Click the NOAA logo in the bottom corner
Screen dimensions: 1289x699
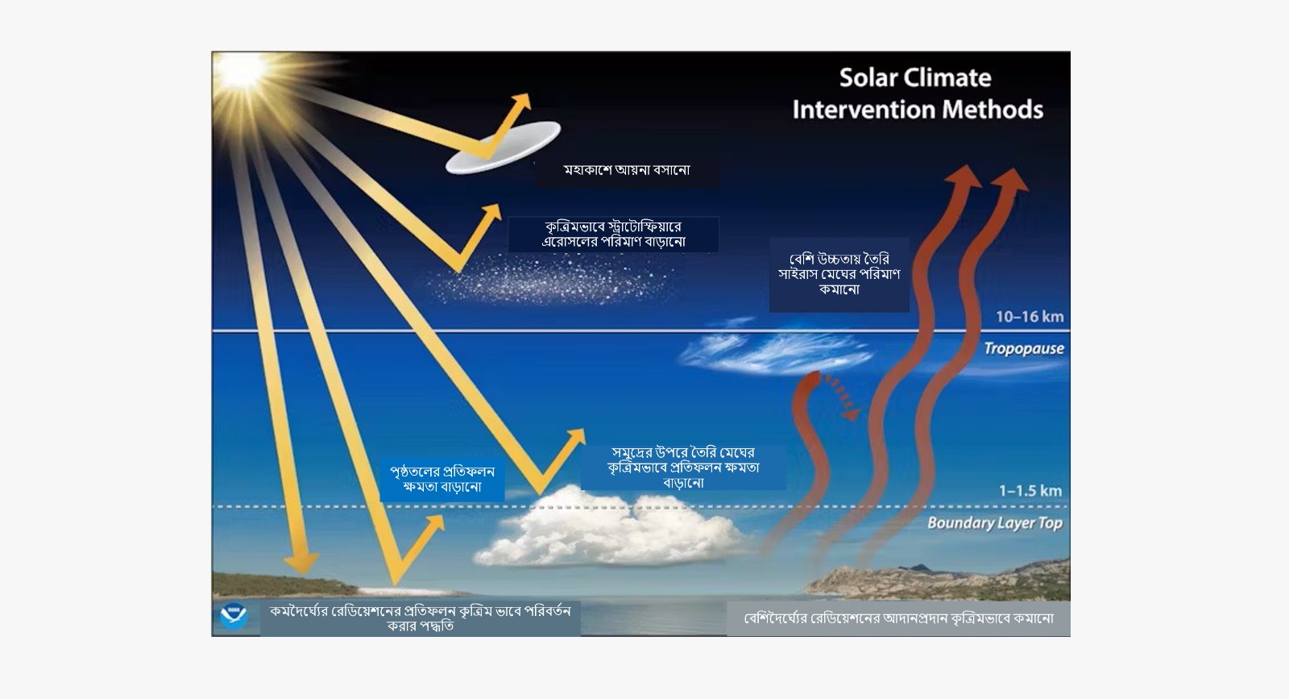[234, 615]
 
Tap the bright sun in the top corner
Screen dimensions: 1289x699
[241, 70]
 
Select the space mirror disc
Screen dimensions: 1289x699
[503, 148]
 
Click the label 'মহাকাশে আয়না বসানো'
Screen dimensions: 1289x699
[627, 170]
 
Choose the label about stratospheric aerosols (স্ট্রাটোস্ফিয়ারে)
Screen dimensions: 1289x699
[613, 234]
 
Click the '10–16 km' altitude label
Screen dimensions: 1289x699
[1030, 317]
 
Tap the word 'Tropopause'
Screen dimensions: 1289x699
[1024, 348]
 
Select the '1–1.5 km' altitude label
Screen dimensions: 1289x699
[1030, 490]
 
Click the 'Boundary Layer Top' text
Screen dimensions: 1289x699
[995, 522]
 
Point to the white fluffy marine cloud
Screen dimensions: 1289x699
[610, 526]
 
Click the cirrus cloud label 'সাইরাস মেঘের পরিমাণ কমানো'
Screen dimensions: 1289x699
[839, 275]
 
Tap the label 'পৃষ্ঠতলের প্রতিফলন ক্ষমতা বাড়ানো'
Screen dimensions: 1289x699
[442, 479]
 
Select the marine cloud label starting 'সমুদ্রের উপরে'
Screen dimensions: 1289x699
[683, 467]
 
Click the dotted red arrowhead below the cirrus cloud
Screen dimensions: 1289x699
[851, 413]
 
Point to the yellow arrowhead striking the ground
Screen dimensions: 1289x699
[300, 563]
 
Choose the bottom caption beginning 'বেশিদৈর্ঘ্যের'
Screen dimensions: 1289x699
[898, 618]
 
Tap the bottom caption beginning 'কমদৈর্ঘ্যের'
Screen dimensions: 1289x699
[420, 618]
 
